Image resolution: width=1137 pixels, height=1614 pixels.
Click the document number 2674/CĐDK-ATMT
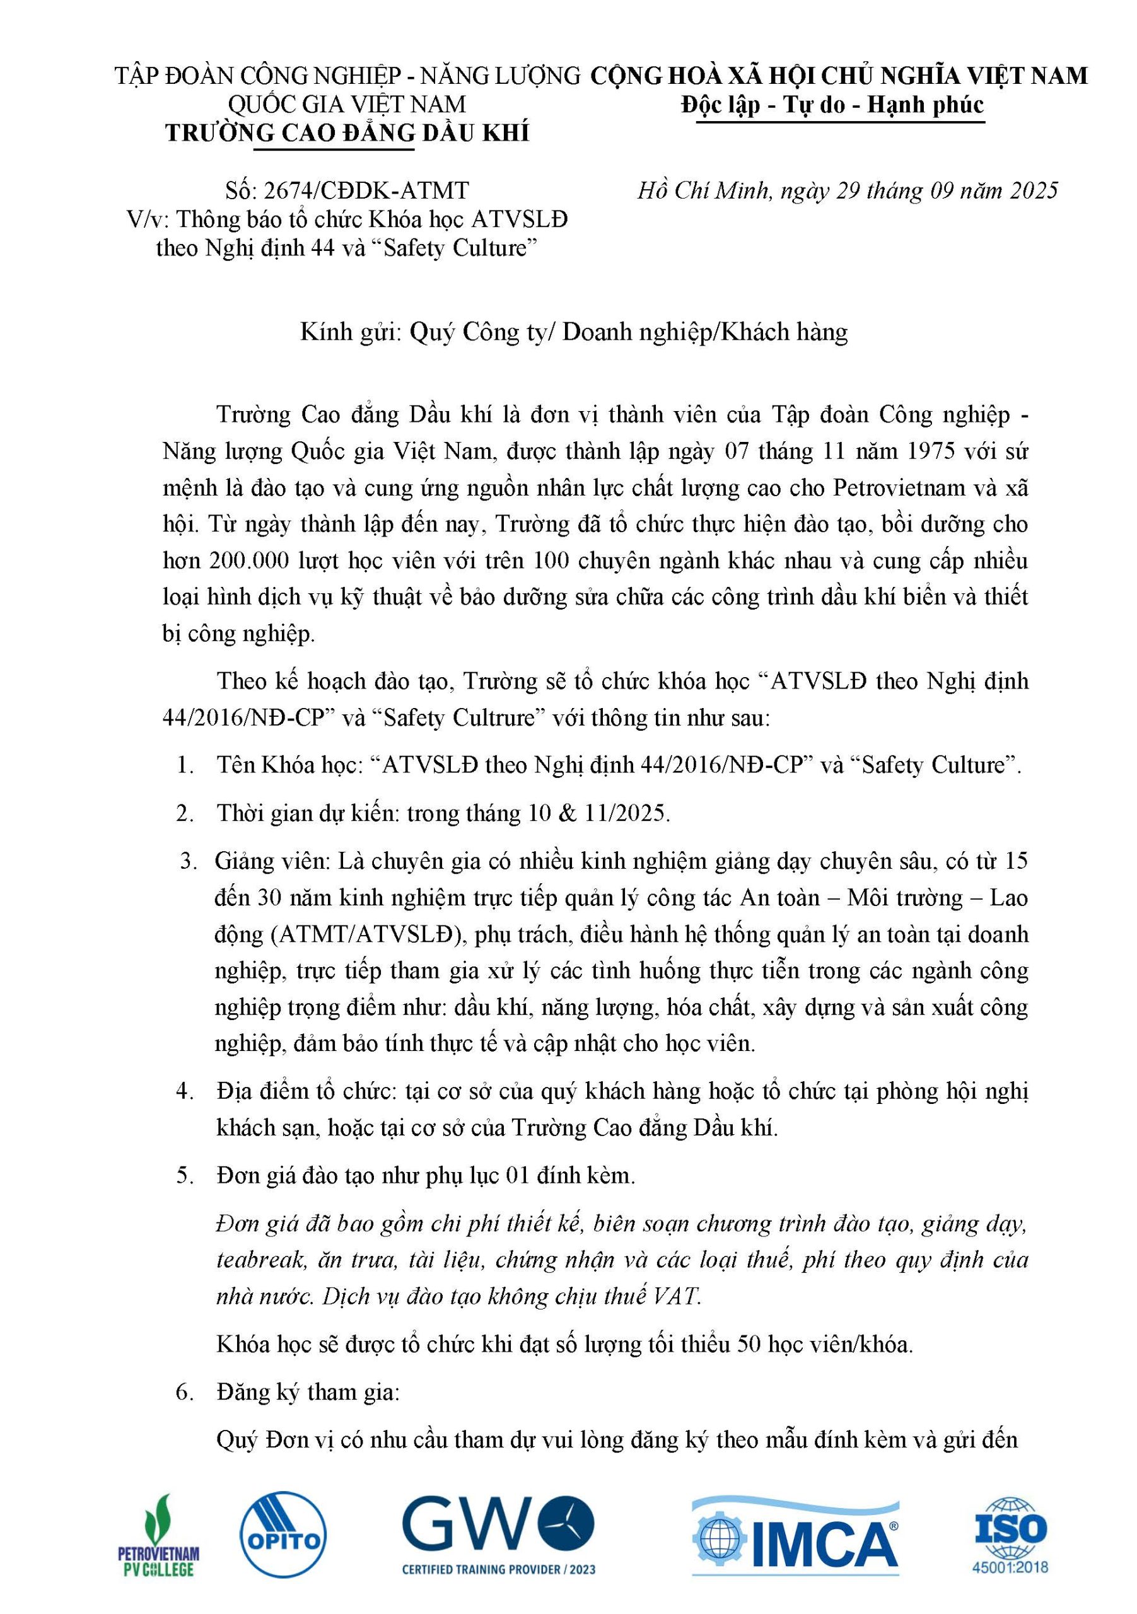(366, 190)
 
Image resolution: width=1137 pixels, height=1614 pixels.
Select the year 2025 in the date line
(1034, 190)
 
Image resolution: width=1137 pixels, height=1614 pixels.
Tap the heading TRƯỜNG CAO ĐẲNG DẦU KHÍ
(347, 134)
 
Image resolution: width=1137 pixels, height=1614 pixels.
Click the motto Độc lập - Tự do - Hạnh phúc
(832, 105)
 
